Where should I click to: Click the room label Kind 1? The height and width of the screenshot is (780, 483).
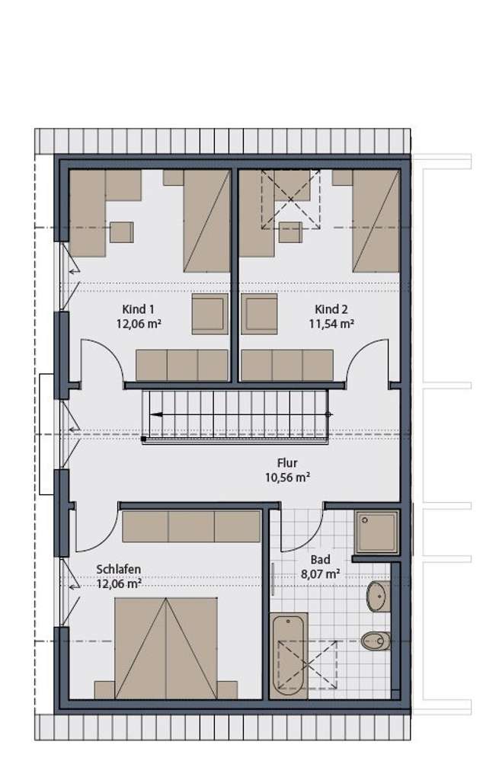[x=138, y=309]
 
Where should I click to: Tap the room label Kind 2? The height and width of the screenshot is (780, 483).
[x=331, y=309]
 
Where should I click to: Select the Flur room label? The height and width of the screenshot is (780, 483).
[x=287, y=463]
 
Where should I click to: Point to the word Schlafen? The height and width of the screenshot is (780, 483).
[x=118, y=569]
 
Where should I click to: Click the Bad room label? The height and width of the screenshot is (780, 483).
[x=321, y=559]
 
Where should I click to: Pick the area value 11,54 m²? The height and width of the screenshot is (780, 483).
[x=331, y=324]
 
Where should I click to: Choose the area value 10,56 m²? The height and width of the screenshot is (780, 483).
[x=287, y=478]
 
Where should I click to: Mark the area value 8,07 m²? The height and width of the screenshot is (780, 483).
[x=321, y=574]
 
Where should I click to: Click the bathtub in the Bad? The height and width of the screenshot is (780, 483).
[x=289, y=655]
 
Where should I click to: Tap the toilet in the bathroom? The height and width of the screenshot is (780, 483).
[x=376, y=640]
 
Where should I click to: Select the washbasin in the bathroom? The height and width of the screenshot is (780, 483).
[x=378, y=596]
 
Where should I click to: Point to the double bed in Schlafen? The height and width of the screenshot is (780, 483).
[x=166, y=647]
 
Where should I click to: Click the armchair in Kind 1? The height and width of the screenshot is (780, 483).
[x=209, y=313]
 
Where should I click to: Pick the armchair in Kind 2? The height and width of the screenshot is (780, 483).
[x=260, y=313]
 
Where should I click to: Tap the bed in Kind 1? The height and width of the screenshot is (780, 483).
[x=206, y=221]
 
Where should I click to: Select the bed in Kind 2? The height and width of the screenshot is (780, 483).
[x=376, y=221]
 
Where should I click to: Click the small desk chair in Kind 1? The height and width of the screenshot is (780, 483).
[x=121, y=232]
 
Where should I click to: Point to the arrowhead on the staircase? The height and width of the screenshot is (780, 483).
[x=155, y=415]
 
